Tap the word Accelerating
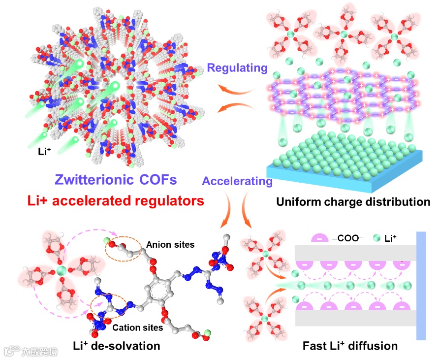tap(237, 181)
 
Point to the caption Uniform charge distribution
tap(353, 202)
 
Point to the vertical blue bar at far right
tap(421, 286)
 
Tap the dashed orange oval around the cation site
tap(105, 307)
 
